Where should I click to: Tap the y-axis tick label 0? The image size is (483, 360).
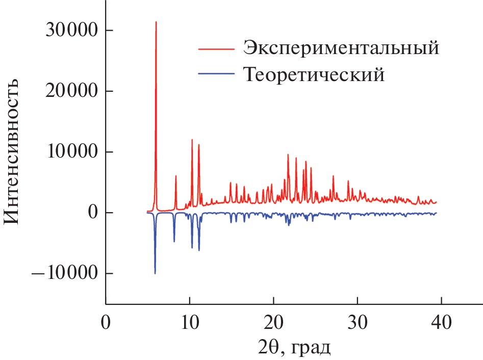[x=92, y=213]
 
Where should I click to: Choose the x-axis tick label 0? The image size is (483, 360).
[x=106, y=323]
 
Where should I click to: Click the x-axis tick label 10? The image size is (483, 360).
[x=190, y=323]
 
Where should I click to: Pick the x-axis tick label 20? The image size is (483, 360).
[x=273, y=323]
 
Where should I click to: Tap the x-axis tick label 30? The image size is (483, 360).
[x=358, y=323]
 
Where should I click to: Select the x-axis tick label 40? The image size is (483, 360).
[x=441, y=323]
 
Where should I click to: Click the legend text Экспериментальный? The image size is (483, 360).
[x=341, y=48]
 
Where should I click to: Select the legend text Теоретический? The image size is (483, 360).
[x=313, y=75]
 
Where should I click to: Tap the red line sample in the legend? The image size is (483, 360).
[x=216, y=49]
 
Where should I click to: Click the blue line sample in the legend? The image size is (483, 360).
[x=216, y=75]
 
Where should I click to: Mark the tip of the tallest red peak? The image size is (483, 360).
[x=156, y=22]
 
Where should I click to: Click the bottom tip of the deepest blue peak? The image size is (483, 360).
[x=155, y=274]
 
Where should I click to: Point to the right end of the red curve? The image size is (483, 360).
[x=437, y=202]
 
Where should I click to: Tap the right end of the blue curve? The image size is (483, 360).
[x=437, y=213]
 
